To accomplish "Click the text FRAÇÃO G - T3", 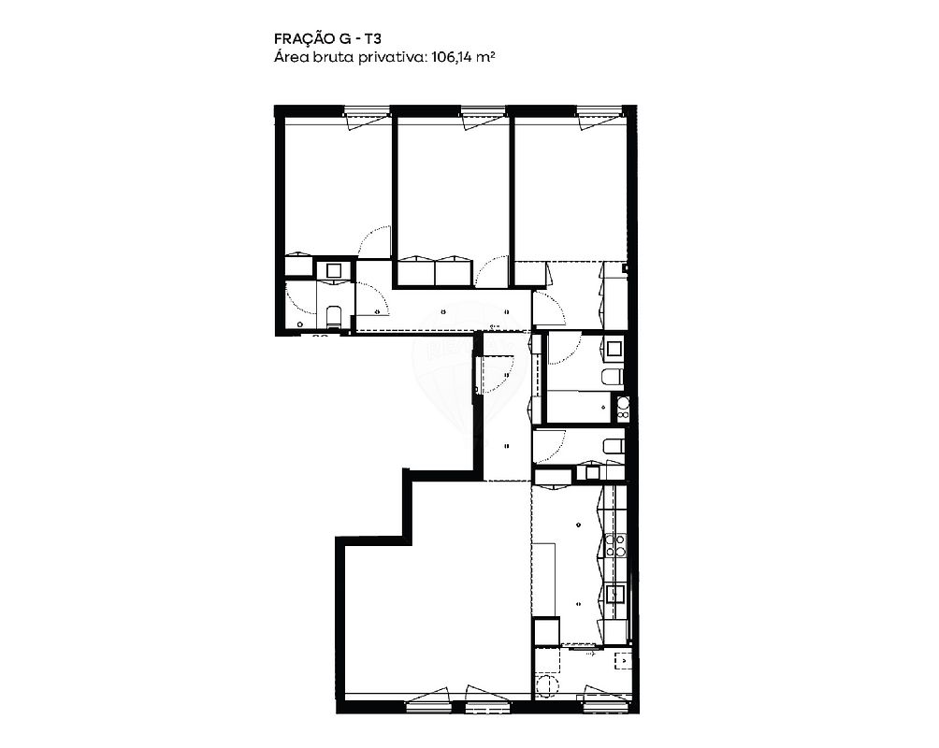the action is [327, 38].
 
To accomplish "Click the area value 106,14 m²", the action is [462, 57].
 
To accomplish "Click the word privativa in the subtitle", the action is [391, 58].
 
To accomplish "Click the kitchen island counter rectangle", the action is [545, 579].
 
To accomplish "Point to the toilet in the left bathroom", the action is [334, 316].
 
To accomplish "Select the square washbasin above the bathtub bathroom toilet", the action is [614, 348].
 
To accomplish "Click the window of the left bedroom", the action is [368, 112].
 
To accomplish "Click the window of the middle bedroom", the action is [484, 112].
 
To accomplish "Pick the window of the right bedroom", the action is [600, 112].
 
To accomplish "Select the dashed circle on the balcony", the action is [547, 685].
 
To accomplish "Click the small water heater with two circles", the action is [623, 407].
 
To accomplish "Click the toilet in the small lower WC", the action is [614, 446].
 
